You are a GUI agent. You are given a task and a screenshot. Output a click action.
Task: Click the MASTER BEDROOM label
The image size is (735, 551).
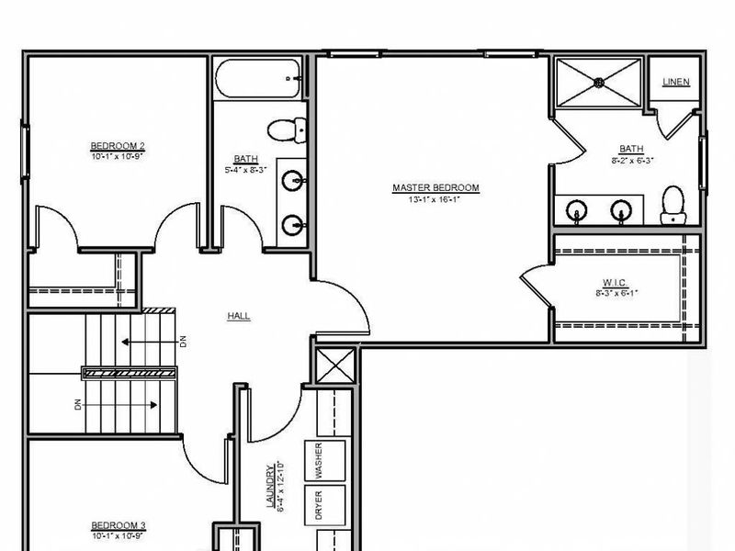tap(435, 188)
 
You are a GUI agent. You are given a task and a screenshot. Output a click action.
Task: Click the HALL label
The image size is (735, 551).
tap(239, 316)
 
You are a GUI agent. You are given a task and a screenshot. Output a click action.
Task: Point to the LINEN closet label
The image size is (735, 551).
tap(676, 82)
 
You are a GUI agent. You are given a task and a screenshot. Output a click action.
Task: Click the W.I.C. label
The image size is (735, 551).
tap(615, 283)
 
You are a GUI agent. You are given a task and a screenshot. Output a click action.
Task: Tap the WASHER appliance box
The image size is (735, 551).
tap(325, 460)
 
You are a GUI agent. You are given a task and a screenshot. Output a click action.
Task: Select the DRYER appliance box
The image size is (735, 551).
tap(325, 505)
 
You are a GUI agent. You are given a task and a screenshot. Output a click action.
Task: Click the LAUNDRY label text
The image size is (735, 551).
tap(270, 486)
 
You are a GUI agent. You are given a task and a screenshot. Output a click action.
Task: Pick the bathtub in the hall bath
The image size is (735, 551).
tap(258, 78)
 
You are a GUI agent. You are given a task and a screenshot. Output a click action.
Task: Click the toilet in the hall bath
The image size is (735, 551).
tap(287, 129)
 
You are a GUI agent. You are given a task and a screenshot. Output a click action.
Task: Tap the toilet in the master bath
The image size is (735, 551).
tap(673, 205)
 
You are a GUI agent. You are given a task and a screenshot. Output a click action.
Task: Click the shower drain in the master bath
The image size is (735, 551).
tap(599, 83)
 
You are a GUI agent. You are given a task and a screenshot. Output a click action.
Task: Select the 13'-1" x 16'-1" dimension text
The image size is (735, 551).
tap(434, 199)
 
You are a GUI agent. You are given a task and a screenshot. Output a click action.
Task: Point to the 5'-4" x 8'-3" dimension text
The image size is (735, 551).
tap(245, 170)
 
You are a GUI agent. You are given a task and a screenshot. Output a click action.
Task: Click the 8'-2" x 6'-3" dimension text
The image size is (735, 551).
tap(632, 160)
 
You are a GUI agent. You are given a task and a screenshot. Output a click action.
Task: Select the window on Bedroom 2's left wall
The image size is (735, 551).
tap(25, 151)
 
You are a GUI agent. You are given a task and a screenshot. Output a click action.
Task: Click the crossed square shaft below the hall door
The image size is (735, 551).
tap(335, 365)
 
